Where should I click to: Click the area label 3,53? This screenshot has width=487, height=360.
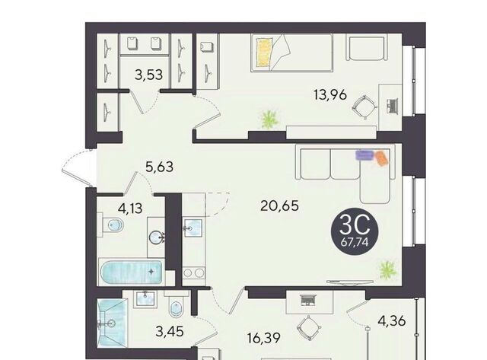click(x=149, y=75)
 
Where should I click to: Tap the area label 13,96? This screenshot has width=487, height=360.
click(x=330, y=94)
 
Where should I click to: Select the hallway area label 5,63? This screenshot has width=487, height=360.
click(x=160, y=167)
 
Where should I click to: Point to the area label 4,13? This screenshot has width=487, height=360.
click(x=130, y=208)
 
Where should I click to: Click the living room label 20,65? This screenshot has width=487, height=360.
click(x=279, y=205)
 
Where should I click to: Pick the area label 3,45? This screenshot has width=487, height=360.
click(x=170, y=332)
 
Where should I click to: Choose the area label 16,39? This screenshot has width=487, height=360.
click(x=264, y=338)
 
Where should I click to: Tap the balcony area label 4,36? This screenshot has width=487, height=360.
click(x=392, y=321)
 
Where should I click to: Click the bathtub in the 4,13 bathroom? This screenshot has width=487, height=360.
click(x=132, y=272)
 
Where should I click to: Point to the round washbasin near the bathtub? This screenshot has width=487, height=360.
click(x=155, y=238)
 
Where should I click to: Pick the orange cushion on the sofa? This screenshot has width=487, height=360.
click(x=382, y=158)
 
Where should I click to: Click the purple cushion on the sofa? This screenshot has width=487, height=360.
click(x=365, y=155)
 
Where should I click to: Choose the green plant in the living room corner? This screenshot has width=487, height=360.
click(x=388, y=269)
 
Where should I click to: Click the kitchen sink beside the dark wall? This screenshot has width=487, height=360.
click(x=193, y=228)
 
